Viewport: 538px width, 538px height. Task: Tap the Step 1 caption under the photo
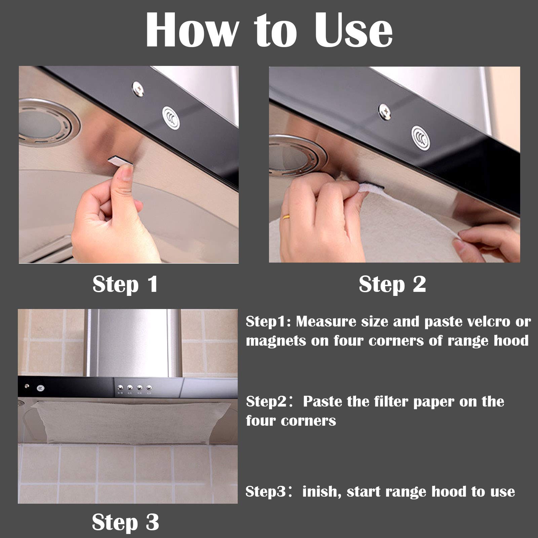click(x=125, y=284)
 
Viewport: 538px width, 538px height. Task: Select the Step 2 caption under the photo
click(x=392, y=284)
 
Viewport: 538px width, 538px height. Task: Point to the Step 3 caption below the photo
click(x=125, y=522)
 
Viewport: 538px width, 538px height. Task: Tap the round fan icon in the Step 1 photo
click(x=171, y=118)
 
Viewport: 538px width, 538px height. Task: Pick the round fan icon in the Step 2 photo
click(x=421, y=138)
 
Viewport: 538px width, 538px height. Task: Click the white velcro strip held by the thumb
click(x=120, y=160)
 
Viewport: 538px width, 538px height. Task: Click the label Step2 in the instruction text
click(x=266, y=402)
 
